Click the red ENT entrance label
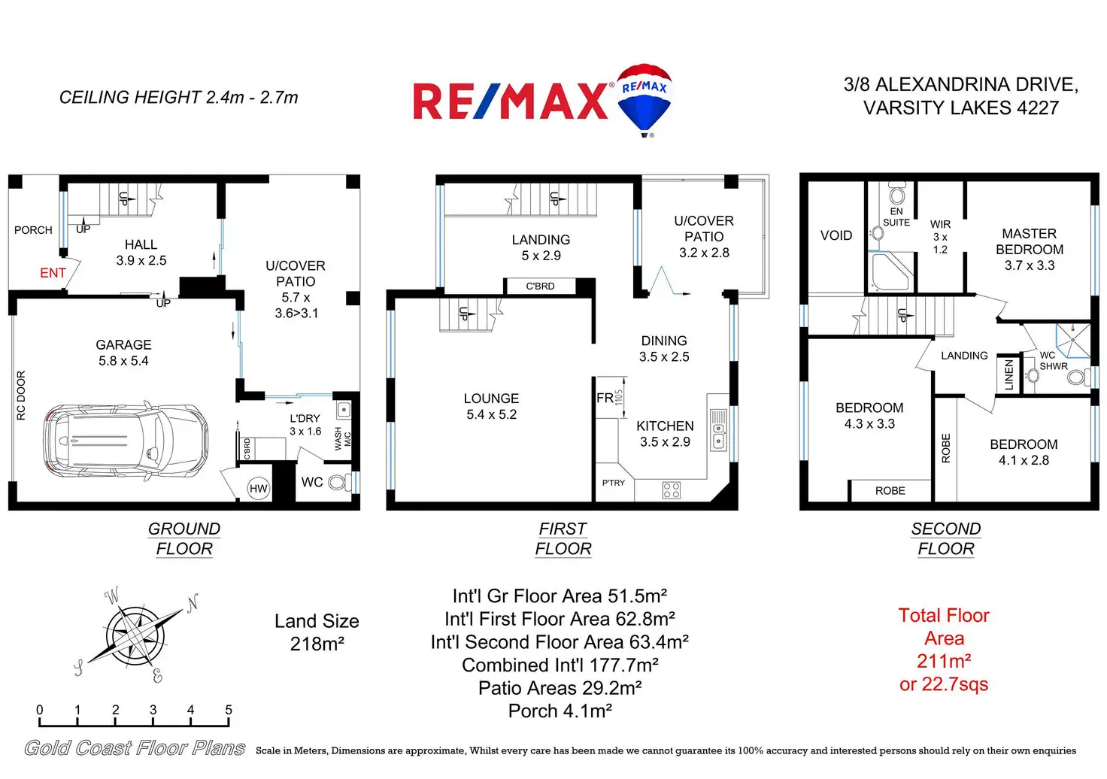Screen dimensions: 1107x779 [53, 273]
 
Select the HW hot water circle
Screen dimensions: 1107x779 [258, 489]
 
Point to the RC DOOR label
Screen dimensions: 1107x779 [21, 395]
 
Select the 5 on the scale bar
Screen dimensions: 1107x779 [229, 710]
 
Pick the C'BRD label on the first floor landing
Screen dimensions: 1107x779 [540, 286]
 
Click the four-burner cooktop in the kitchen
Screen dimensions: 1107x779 [672, 490]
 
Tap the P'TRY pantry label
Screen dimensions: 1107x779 [613, 483]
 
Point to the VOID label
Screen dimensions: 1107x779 [836, 235]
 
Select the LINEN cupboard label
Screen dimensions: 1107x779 [1009, 375]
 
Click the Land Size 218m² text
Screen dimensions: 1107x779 [317, 632]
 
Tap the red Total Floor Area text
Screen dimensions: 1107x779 [944, 650]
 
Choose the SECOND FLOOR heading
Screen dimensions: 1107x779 [946, 539]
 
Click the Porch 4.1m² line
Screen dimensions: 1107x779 [560, 711]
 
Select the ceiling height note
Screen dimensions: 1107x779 [178, 98]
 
